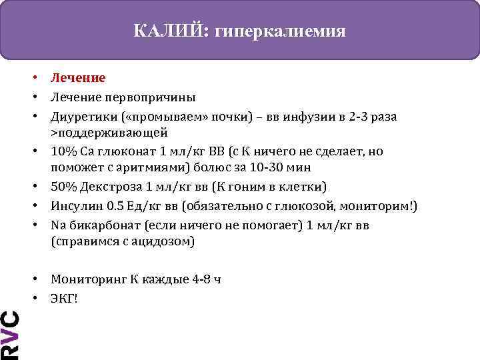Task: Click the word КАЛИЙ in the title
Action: tap(170, 31)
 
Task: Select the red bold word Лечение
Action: tap(77, 79)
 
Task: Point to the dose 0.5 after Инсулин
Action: tap(116, 207)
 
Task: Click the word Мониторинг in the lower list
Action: tap(86, 279)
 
